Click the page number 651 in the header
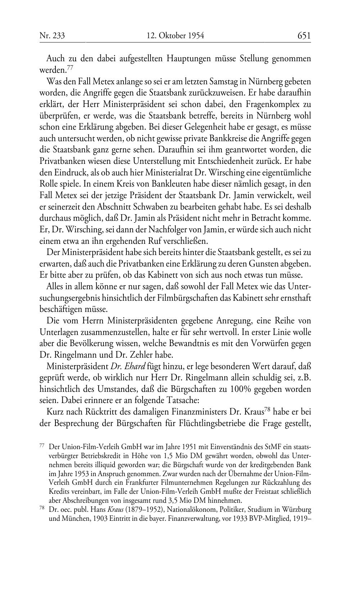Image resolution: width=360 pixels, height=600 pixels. pos(304,36)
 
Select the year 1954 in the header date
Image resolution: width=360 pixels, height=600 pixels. pos(195,36)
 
